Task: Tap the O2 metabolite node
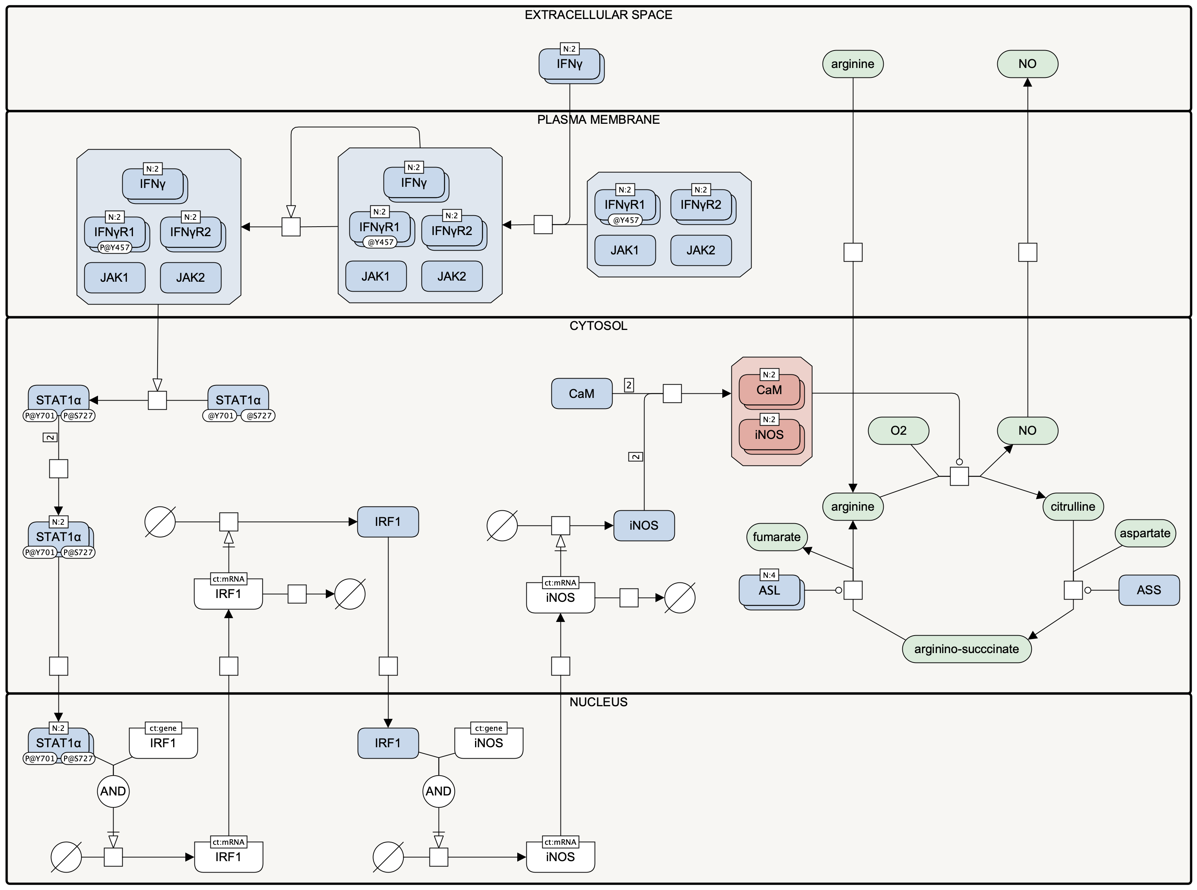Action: click(x=898, y=431)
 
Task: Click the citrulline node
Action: click(x=1072, y=507)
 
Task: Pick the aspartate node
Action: click(x=1145, y=533)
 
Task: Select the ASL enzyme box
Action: click(x=771, y=592)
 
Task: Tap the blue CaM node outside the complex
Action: click(x=581, y=393)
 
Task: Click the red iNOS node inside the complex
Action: click(x=771, y=436)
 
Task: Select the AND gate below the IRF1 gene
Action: click(x=113, y=791)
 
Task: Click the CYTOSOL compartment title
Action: click(x=598, y=326)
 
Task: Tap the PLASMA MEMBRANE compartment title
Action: click(x=598, y=120)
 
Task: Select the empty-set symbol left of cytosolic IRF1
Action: click(x=160, y=521)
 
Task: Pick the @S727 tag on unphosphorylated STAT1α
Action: click(x=258, y=416)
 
